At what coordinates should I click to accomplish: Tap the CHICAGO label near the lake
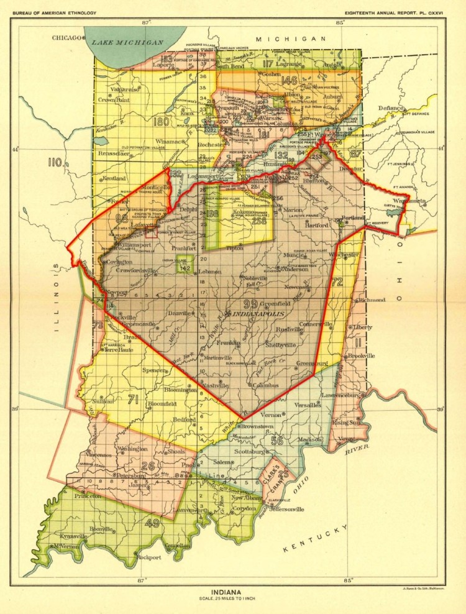[66, 38]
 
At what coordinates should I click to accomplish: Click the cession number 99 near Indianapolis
[250, 303]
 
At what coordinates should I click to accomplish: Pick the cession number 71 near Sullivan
[132, 399]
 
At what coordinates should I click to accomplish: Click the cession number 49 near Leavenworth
[152, 523]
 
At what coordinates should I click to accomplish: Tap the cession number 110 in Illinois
[56, 163]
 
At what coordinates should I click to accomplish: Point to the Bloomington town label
[181, 390]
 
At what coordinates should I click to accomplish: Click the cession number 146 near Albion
[289, 80]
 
